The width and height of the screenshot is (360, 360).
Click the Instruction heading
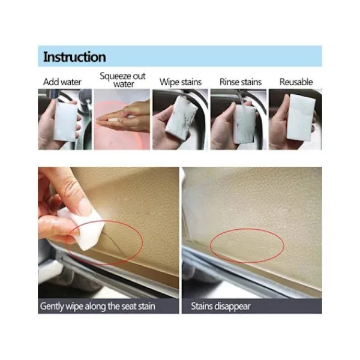(74, 57)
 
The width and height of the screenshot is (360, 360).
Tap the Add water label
(62, 82)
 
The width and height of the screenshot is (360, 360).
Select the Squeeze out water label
(123, 80)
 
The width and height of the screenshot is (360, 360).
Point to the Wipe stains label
(181, 82)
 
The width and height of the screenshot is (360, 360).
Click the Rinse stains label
(241, 82)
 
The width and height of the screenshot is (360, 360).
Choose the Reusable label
(296, 82)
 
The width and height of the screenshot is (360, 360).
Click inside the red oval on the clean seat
(247, 245)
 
